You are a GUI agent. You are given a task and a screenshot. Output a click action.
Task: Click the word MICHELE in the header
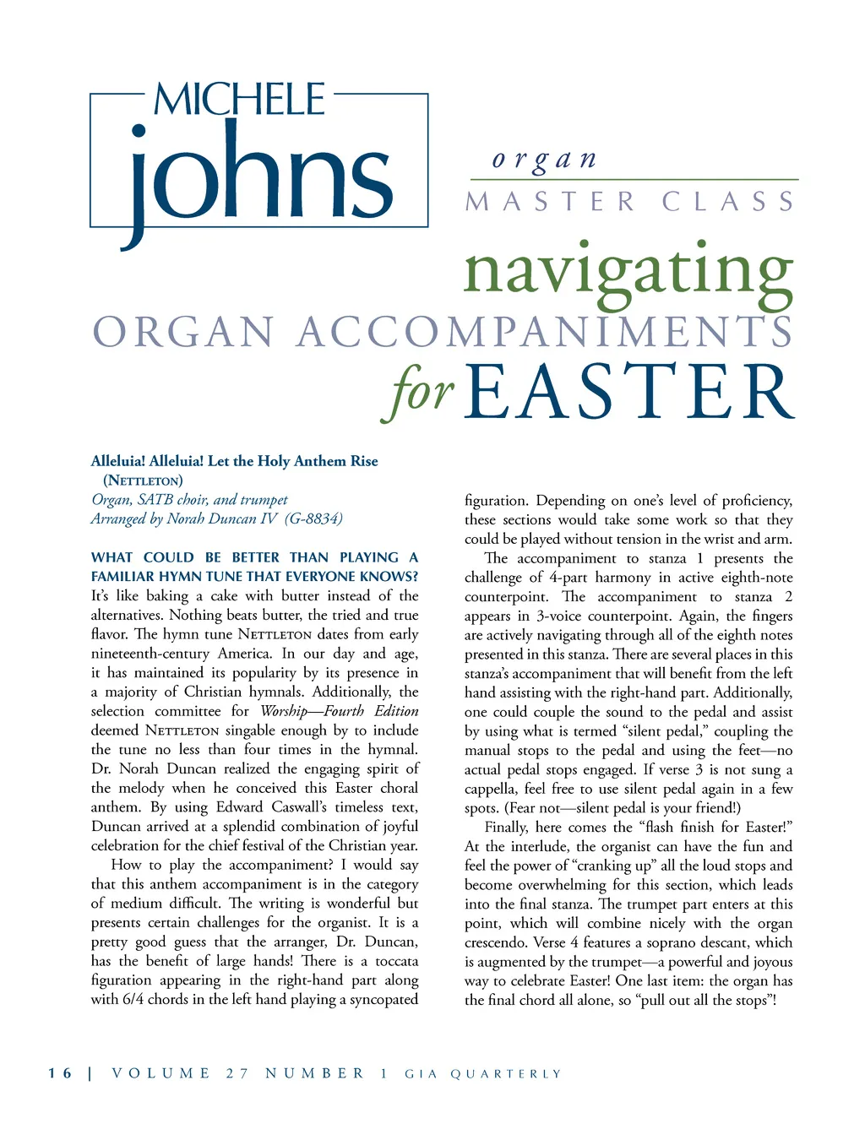[x=240, y=100]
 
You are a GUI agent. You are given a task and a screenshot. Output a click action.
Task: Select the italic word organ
[x=545, y=159]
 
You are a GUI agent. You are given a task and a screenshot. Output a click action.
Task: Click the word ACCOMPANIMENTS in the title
[x=544, y=331]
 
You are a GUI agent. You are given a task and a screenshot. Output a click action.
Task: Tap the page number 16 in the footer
[x=60, y=1073]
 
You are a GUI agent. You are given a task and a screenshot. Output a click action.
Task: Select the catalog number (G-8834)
[x=313, y=518]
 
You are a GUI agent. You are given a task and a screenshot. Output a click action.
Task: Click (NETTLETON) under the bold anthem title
[x=143, y=480]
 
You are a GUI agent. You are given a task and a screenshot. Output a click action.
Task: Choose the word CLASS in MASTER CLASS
[x=727, y=202]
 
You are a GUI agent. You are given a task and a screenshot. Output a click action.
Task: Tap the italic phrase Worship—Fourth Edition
[x=339, y=711]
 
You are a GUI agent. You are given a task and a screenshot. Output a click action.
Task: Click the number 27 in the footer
[x=237, y=1073]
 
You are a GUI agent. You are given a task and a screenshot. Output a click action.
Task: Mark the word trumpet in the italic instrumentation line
[x=264, y=500]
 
